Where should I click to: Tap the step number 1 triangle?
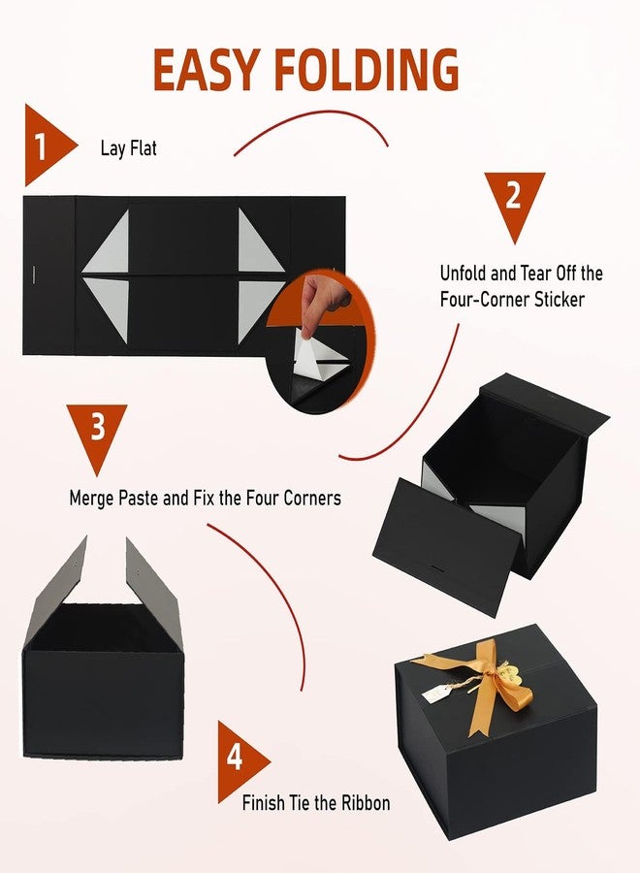coord(45,145)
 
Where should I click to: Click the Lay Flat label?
coord(128,149)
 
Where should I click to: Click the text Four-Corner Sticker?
coord(512,300)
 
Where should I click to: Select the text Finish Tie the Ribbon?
coord(316,803)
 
